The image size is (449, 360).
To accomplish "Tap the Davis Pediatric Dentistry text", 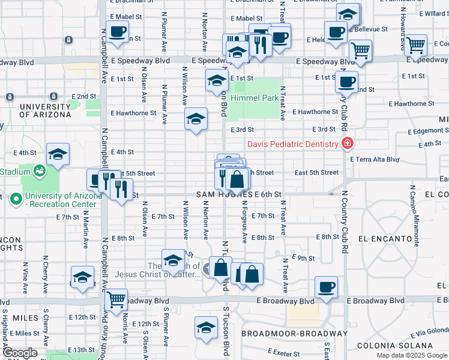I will pyautogui.click(x=292, y=144).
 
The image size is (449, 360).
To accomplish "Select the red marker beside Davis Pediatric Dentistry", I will pyautogui.click(x=347, y=143).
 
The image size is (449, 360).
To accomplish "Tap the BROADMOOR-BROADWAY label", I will pyautogui.click(x=294, y=333).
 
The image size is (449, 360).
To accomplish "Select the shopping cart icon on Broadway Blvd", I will pyautogui.click(x=116, y=298).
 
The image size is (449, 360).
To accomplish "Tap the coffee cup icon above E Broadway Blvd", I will pyautogui.click(x=326, y=286).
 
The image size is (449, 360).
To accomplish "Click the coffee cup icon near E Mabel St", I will pyautogui.click(x=117, y=31).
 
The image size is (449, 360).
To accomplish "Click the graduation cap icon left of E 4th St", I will pyautogui.click(x=58, y=154).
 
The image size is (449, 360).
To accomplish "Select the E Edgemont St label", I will pyautogui.click(x=428, y=131).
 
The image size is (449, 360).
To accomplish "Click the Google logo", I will pyautogui.click(x=20, y=353).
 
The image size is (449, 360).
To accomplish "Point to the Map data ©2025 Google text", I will pyautogui.click(x=411, y=355).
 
